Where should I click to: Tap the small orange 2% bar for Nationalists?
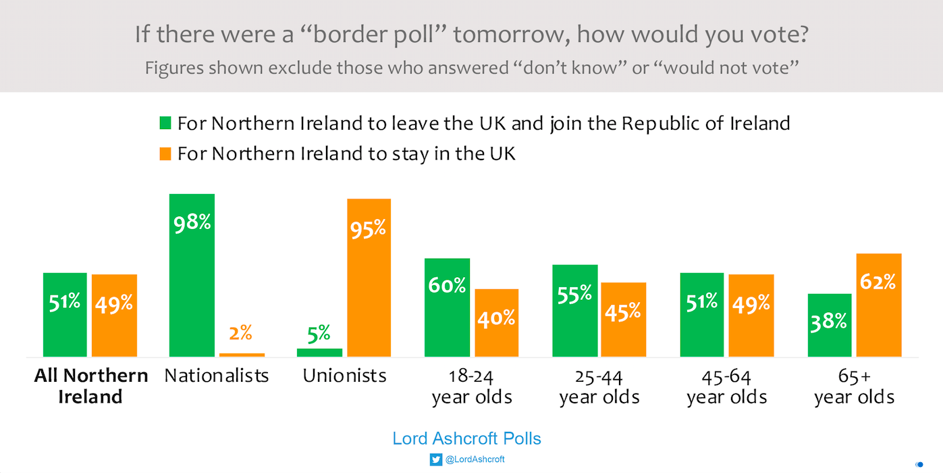242,354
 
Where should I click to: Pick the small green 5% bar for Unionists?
319,352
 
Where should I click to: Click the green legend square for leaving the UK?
165,123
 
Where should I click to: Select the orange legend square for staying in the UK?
165,153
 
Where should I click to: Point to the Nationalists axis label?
217,376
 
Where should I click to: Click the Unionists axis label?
344,376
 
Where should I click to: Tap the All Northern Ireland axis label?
91,386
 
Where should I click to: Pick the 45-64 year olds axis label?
727,387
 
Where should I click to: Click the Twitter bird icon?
435,459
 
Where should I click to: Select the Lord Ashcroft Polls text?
466,439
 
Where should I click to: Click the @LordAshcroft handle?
475,459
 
